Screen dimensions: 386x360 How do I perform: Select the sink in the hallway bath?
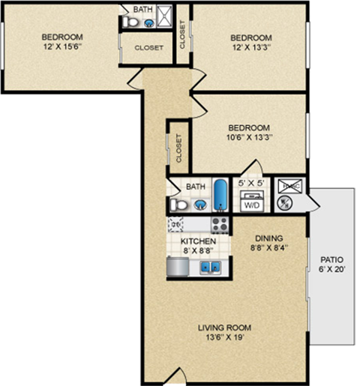pos(200,204)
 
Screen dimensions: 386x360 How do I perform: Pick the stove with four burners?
pos(219,223)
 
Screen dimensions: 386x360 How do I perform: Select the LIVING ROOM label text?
pos(224,328)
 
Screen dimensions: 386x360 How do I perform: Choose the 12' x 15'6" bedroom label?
pos(61,42)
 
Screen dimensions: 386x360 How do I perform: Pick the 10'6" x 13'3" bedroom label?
pos(249,133)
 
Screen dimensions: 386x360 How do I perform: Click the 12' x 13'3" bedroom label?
pos(250,43)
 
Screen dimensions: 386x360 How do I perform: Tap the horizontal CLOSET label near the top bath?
pos(149,47)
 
